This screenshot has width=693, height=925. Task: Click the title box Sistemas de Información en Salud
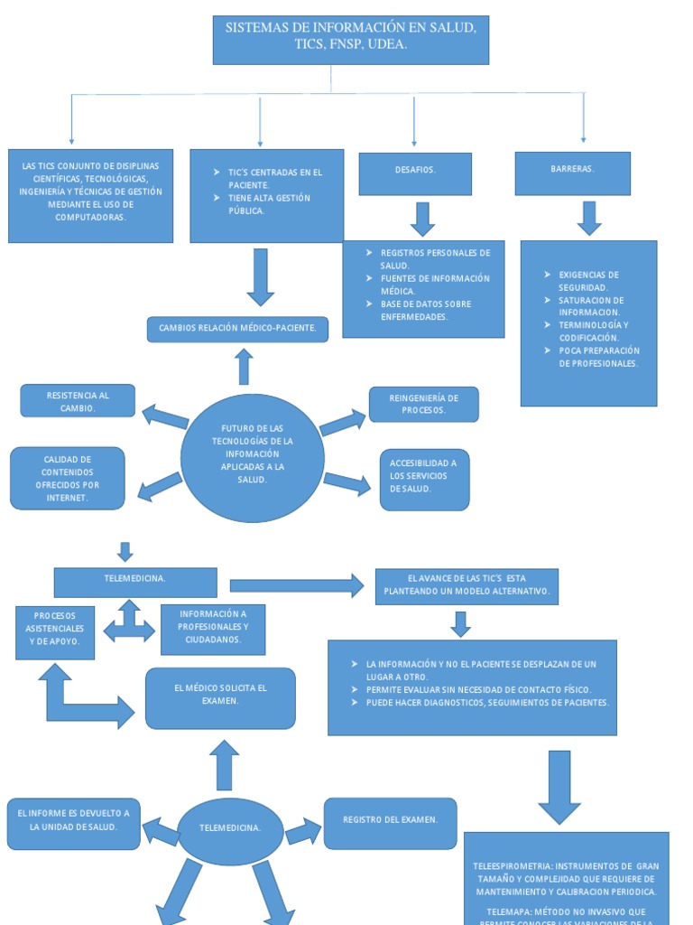[x=350, y=40]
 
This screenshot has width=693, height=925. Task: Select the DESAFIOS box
[x=415, y=173]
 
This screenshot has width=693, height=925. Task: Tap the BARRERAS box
[x=572, y=173]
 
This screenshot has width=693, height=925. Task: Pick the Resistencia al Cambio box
[x=78, y=401]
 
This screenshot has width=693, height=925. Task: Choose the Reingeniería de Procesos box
[x=423, y=404]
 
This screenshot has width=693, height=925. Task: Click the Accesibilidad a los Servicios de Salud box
[x=424, y=479]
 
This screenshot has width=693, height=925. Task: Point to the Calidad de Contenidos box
[x=68, y=478]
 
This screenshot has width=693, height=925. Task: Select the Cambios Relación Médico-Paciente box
[x=237, y=329]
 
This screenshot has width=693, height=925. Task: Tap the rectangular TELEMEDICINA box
[x=135, y=582]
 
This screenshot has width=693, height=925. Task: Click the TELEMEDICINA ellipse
[x=230, y=827]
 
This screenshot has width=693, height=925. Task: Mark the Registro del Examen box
[x=390, y=823]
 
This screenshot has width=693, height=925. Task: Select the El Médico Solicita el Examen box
[x=220, y=697]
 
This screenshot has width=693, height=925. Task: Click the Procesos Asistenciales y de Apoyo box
[x=55, y=632]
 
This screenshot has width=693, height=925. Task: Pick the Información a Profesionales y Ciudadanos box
[x=213, y=629]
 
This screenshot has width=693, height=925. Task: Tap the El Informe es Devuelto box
[x=74, y=823]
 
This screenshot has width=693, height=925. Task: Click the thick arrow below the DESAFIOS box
[x=422, y=219]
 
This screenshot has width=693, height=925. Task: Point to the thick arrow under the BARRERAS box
[x=589, y=218]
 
